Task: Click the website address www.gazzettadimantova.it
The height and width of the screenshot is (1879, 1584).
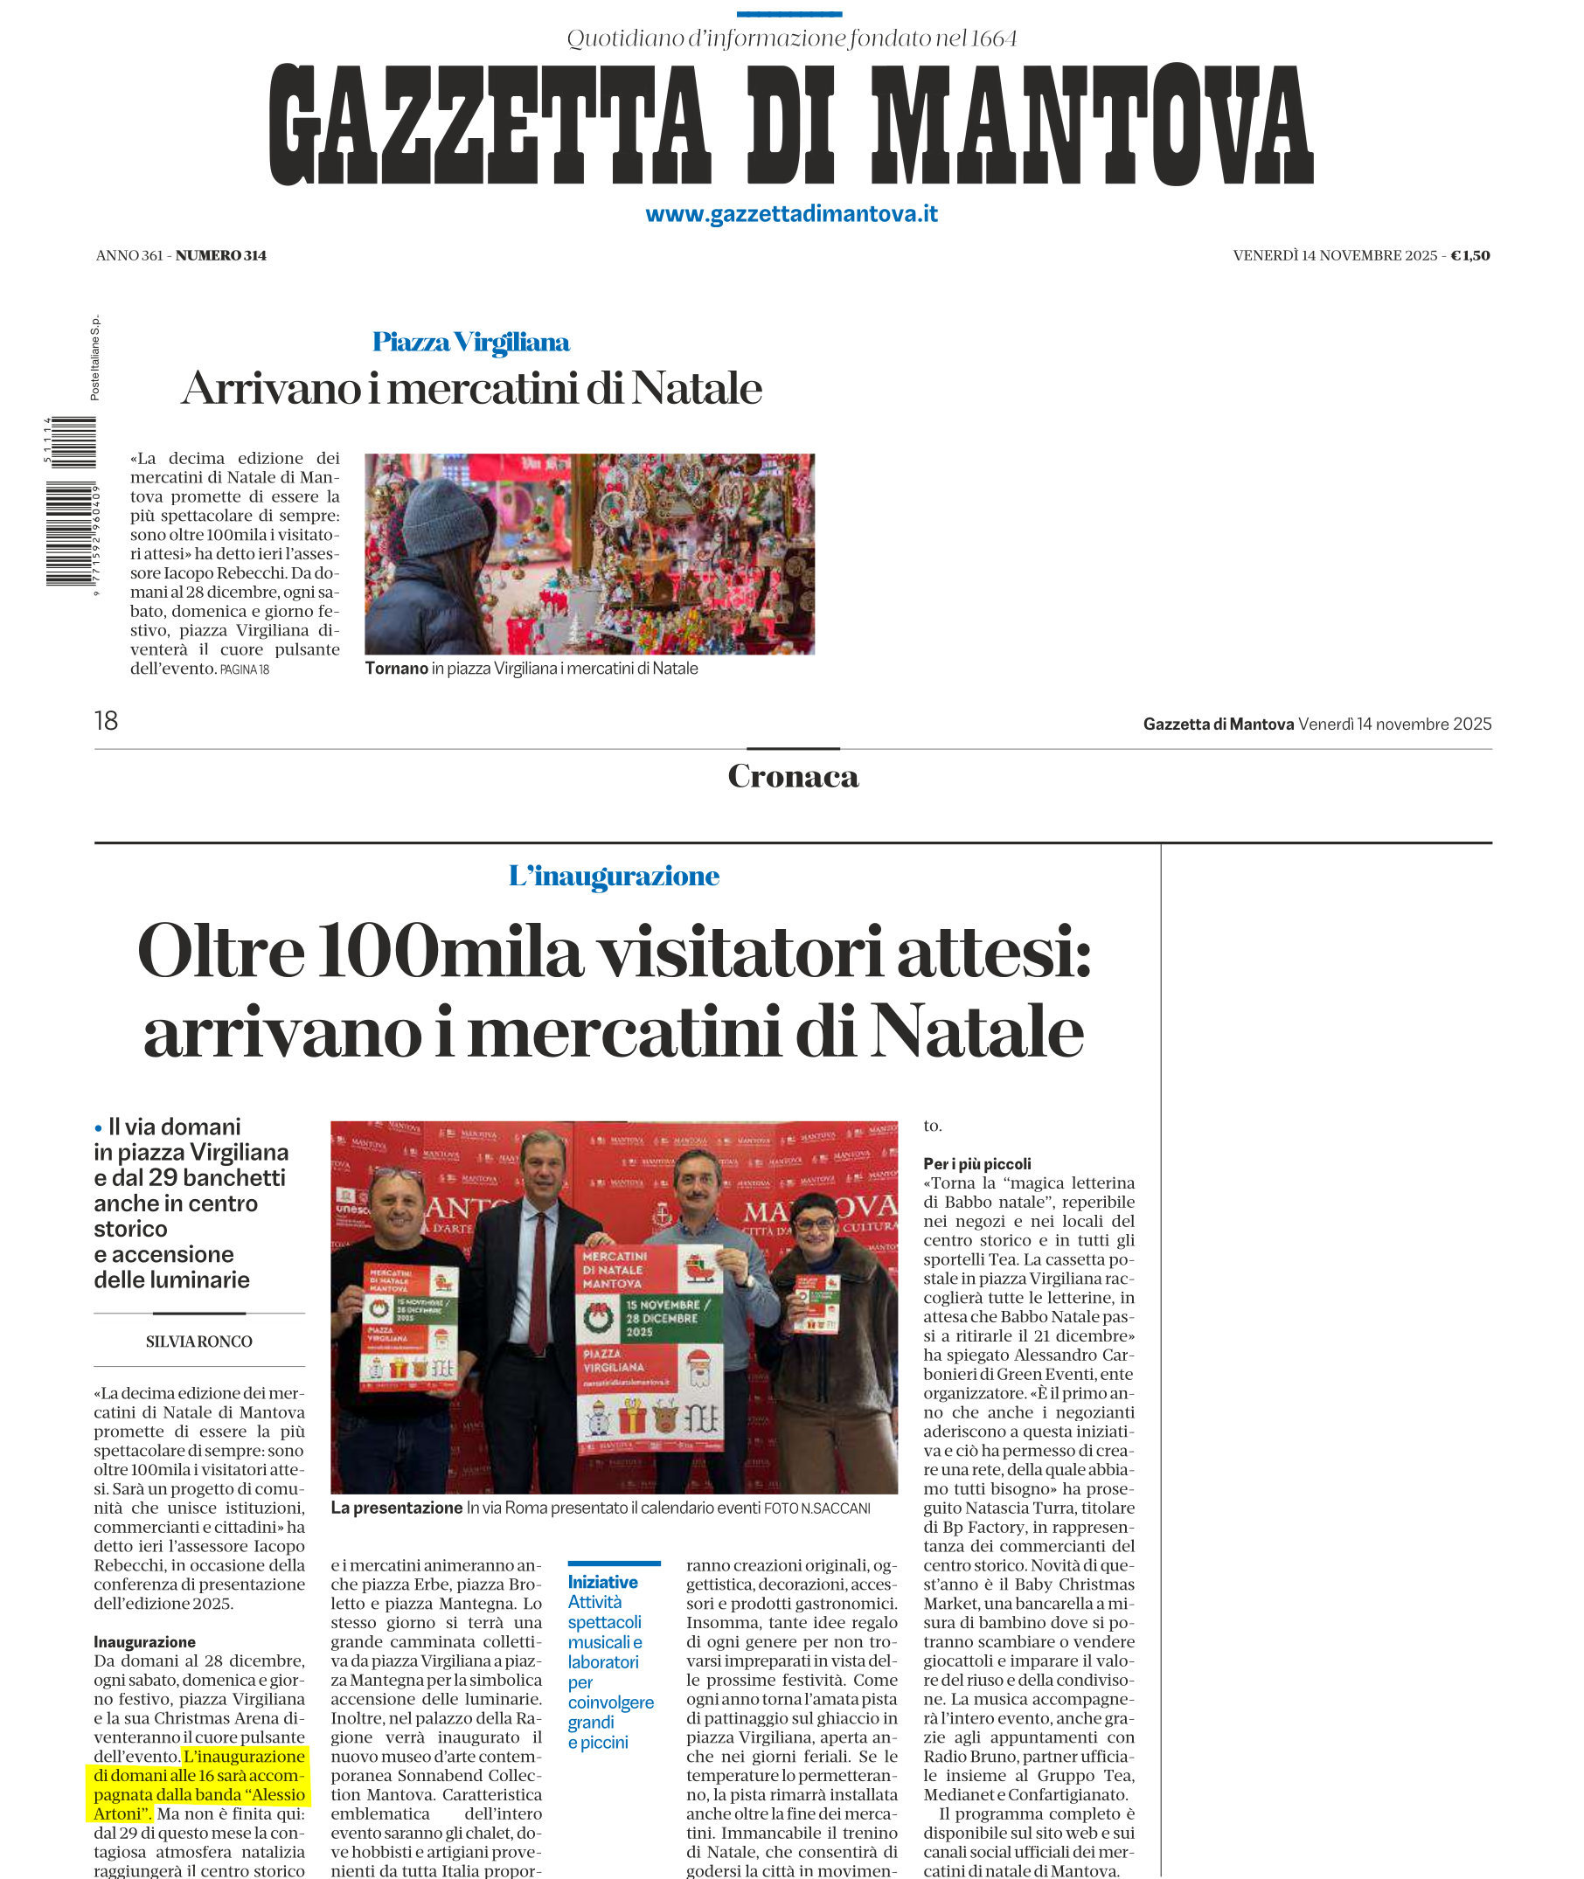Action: coord(791,213)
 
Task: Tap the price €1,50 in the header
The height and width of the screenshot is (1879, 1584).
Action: coord(1470,255)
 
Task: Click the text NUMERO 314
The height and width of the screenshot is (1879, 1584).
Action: coord(221,255)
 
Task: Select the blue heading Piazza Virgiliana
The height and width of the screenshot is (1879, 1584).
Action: coord(470,342)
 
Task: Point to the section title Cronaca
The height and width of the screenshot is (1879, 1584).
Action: coord(793,776)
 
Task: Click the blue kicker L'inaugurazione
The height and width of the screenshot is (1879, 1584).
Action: coord(614,876)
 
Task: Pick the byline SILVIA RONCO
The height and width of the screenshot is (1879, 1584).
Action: coord(199,1342)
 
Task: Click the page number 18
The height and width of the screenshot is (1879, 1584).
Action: coord(106,721)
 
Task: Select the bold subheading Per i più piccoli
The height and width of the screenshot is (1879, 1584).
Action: coord(977,1163)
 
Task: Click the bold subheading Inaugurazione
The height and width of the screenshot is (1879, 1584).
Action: coord(144,1642)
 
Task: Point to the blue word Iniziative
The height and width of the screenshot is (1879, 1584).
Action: coord(602,1582)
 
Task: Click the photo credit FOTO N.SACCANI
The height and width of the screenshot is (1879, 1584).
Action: coord(816,1508)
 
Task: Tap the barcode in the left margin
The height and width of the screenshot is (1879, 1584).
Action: coord(72,503)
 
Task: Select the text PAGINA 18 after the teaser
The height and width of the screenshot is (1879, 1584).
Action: coord(244,669)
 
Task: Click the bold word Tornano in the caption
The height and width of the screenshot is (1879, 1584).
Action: coord(396,668)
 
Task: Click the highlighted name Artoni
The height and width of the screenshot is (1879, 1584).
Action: coord(118,1813)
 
